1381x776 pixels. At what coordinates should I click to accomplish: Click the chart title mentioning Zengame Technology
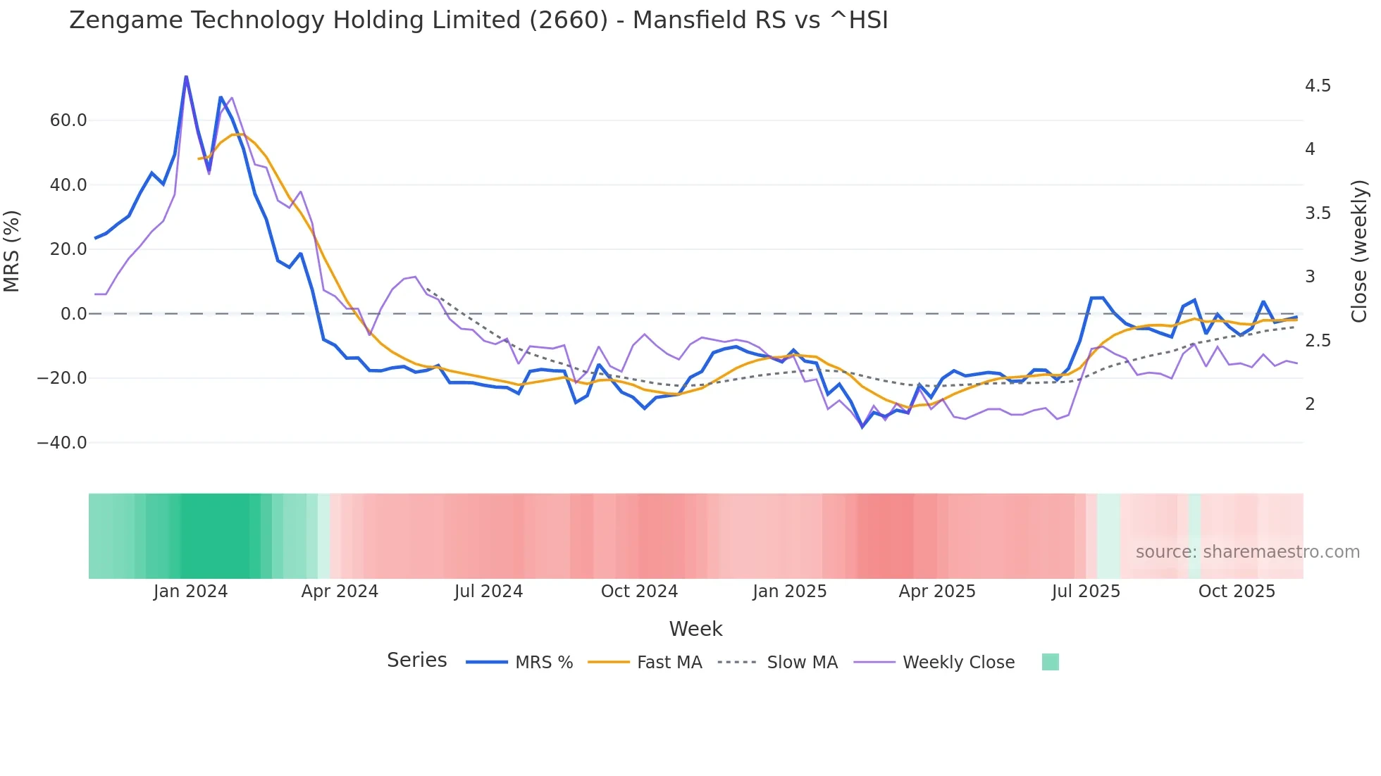point(478,20)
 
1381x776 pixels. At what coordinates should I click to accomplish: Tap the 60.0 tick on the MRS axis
point(68,120)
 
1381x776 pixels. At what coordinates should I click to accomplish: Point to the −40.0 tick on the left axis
point(62,443)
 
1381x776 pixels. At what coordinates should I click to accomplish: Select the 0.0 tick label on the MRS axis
point(73,314)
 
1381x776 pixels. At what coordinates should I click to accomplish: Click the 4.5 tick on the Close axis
point(1318,86)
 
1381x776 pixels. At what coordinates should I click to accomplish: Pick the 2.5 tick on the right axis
point(1318,341)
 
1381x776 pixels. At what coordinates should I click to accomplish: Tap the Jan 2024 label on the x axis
point(190,592)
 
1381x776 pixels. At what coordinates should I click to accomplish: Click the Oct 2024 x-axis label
point(639,592)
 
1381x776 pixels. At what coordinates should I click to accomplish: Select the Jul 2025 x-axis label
point(1086,592)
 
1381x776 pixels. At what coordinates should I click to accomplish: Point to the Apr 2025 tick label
point(936,592)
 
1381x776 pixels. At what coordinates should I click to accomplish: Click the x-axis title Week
point(695,629)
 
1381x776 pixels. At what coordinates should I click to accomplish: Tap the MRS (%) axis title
point(12,251)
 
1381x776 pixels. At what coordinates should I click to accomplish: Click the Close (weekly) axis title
point(1359,251)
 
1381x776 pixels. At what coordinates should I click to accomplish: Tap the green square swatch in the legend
point(1050,662)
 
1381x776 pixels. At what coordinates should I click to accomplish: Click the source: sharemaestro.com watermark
point(1247,552)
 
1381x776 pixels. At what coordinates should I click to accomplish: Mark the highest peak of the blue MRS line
point(186,77)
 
